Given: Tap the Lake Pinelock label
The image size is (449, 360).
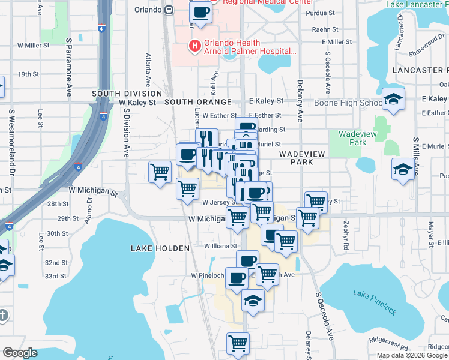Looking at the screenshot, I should coord(375,302).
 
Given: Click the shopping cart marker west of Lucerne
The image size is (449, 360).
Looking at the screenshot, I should coord(160,172).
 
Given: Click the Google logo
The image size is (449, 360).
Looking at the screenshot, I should coord(20,353).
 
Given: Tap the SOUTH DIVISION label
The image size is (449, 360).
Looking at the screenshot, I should coord(127,94).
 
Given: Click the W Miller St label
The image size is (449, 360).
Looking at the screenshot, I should coord(32,45).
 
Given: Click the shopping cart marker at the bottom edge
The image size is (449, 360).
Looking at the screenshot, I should coord(238,344).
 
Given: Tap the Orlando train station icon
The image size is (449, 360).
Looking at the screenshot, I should coord(170,10).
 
